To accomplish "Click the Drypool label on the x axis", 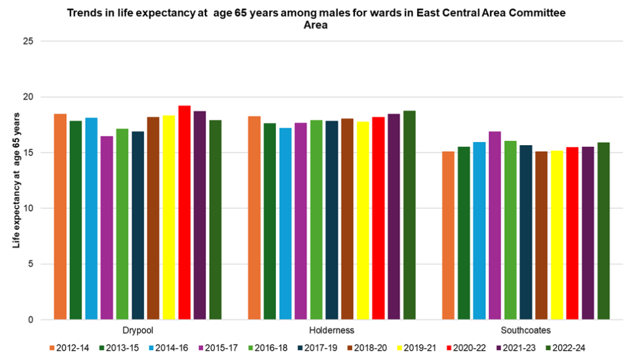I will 138,330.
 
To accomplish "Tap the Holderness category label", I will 332,330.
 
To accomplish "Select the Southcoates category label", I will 525,330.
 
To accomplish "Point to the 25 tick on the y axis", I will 28,41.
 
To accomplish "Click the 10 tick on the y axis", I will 28,209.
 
